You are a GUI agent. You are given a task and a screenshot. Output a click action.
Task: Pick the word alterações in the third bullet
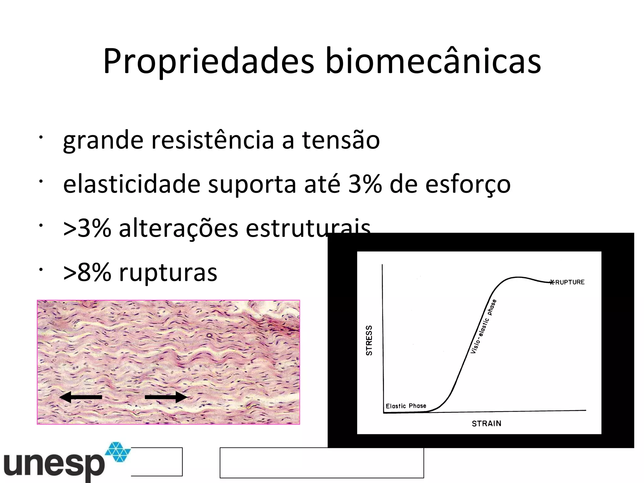pos(178,228)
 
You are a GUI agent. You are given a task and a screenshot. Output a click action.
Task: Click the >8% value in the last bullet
pos(87,272)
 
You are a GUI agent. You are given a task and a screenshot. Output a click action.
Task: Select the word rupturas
pos(168,273)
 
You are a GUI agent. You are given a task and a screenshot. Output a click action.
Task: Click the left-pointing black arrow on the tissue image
pos(80,397)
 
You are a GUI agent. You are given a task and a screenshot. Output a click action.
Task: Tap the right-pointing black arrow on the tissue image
pos(166,397)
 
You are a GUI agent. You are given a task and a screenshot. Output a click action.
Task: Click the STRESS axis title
pos(369,340)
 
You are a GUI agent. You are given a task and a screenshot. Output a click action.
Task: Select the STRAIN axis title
pos(486,424)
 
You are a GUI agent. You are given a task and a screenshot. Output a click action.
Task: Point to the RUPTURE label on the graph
pos(570,282)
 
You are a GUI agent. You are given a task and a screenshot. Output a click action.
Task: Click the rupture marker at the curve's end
pos(552,282)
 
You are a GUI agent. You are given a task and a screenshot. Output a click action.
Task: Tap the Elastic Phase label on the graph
pos(406,406)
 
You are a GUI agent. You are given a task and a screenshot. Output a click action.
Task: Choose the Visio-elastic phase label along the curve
pos(483,326)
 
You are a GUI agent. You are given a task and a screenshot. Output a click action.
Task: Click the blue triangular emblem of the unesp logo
pos(118,452)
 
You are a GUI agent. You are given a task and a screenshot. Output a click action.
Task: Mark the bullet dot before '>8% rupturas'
pos(41,270)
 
